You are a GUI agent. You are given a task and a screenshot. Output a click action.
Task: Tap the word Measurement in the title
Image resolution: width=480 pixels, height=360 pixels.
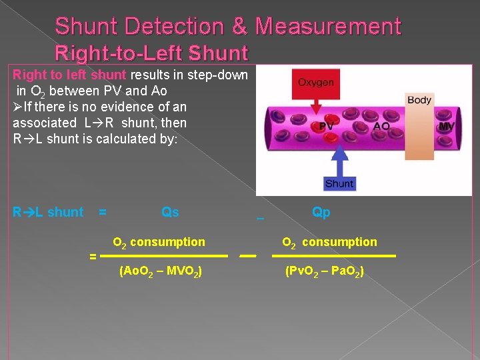(x=328, y=27)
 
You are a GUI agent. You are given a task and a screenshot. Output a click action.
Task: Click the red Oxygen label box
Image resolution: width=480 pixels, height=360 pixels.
(x=316, y=83)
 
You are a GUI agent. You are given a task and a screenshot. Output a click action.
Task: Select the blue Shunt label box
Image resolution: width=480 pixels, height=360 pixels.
(x=339, y=183)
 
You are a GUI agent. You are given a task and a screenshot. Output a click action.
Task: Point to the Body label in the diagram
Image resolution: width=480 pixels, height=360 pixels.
(x=419, y=100)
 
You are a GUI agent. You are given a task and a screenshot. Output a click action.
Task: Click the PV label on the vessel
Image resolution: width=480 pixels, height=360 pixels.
(x=327, y=127)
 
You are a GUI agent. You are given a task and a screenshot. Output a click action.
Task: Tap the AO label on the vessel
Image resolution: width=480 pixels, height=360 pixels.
(x=381, y=127)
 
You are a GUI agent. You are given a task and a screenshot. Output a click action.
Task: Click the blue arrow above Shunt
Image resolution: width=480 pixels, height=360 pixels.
(x=339, y=157)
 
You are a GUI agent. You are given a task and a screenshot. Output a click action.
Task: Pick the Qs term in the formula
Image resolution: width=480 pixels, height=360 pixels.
(x=170, y=212)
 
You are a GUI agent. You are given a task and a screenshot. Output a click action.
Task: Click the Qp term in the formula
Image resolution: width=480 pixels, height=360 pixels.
(x=321, y=212)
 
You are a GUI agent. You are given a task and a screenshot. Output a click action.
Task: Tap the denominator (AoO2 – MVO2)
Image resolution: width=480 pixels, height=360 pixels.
(x=161, y=271)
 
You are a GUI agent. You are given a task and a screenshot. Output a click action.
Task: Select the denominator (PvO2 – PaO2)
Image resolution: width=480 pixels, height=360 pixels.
(x=324, y=271)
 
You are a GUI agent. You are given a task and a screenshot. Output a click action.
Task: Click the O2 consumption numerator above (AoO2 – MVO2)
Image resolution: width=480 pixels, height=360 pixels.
(x=159, y=242)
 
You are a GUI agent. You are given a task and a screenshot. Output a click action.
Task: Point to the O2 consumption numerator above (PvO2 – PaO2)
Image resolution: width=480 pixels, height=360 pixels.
(x=329, y=242)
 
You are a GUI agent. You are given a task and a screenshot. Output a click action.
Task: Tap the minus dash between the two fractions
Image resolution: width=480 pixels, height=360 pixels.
(x=248, y=255)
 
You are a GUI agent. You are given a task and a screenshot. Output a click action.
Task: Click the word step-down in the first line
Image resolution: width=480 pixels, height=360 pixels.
(x=217, y=74)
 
